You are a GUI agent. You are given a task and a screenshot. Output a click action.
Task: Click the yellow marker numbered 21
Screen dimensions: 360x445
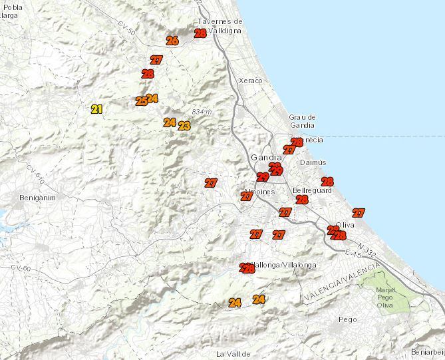point(97,109)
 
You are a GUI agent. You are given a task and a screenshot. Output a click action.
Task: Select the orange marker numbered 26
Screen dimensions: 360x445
point(172,41)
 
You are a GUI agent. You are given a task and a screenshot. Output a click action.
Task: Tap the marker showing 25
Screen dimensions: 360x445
point(141,101)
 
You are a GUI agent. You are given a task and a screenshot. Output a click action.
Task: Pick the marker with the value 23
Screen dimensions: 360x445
point(184,126)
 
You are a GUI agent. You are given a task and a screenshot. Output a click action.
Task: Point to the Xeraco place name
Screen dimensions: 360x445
point(250,81)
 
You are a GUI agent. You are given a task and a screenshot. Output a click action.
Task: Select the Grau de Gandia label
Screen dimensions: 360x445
point(302,121)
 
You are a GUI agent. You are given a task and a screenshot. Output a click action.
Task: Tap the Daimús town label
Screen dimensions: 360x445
point(313,162)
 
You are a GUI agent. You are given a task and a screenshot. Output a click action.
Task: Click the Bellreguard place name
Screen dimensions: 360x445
point(312,190)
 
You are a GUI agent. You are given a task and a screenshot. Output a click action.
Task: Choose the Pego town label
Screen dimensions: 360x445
point(348,319)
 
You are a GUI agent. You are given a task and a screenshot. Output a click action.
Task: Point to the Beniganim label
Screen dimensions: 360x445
point(36,198)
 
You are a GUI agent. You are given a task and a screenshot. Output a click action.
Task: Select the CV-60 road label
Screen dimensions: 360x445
point(21,267)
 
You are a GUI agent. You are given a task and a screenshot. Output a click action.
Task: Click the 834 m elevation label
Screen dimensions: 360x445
point(201,112)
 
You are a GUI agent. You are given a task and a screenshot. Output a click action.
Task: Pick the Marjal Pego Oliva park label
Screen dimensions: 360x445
point(385,297)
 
